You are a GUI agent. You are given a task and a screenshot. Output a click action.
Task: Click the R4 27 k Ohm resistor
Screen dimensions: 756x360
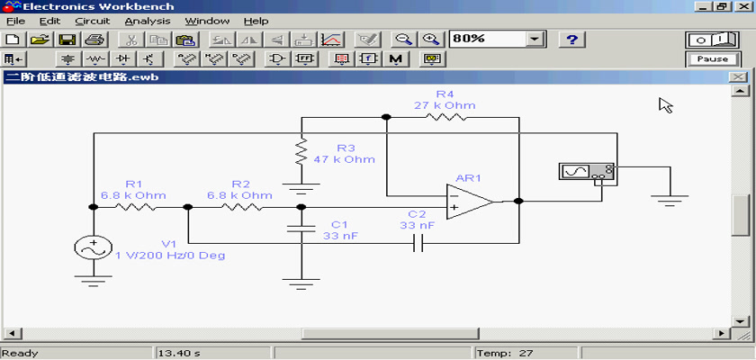click(x=445, y=117)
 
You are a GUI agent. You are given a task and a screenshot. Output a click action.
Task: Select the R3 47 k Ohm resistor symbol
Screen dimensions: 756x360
click(x=301, y=151)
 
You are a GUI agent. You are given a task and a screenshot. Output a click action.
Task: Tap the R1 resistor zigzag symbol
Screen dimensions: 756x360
click(x=134, y=207)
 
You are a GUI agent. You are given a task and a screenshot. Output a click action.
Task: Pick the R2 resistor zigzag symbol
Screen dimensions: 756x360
click(x=241, y=207)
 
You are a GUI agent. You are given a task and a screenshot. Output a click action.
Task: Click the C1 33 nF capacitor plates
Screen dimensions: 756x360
click(x=301, y=228)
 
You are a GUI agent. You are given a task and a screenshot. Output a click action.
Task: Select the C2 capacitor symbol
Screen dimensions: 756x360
click(x=418, y=243)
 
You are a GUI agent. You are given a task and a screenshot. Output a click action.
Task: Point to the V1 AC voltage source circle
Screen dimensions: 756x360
click(x=93, y=247)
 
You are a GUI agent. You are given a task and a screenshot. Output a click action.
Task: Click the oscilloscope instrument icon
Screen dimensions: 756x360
click(x=587, y=172)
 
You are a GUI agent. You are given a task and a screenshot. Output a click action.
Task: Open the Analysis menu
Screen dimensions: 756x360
click(x=148, y=22)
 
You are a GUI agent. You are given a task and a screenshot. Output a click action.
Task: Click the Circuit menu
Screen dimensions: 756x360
click(x=93, y=22)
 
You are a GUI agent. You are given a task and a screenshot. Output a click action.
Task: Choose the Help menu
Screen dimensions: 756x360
click(x=256, y=22)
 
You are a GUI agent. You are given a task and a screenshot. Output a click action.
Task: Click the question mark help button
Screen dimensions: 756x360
click(x=571, y=40)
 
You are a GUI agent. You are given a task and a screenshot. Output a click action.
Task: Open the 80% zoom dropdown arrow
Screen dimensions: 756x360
click(x=534, y=40)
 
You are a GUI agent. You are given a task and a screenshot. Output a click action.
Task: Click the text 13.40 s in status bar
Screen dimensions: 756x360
click(x=179, y=354)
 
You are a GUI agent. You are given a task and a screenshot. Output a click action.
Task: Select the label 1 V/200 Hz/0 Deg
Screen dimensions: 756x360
click(x=170, y=256)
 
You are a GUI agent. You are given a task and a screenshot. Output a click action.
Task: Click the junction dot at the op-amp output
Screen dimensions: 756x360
click(x=518, y=202)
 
